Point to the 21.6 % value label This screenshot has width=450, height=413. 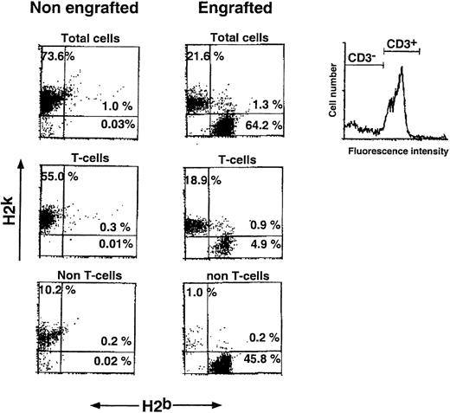(x=206, y=56)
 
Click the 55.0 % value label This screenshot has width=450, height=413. (x=60, y=176)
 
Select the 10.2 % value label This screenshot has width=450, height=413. (x=59, y=291)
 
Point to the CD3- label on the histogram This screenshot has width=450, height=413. (x=362, y=59)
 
